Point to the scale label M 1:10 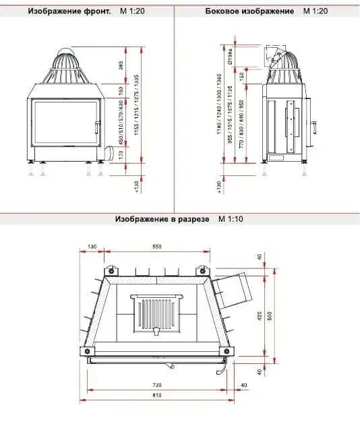(x=231, y=220)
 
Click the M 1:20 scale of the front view (x=132, y=12)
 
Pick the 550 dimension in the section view (x=157, y=247)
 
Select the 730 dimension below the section (x=158, y=384)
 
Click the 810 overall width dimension (x=158, y=396)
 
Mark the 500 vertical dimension (x=270, y=315)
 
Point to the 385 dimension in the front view (x=121, y=65)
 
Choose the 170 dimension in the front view (x=121, y=154)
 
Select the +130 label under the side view (x=219, y=187)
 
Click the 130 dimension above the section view (x=92, y=247)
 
